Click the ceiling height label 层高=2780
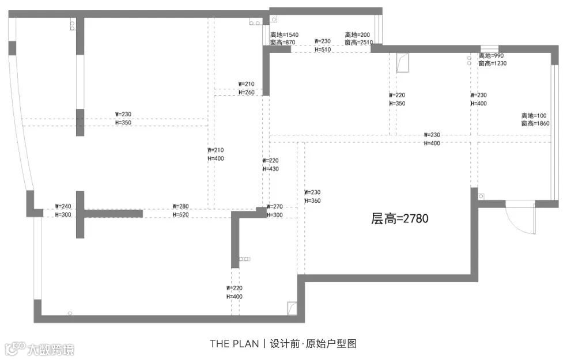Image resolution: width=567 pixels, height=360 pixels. click(400, 218)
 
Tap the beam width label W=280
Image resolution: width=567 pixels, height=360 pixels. click(180, 206)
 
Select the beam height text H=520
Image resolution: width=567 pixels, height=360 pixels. click(180, 214)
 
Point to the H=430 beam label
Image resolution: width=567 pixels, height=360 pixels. click(270, 169)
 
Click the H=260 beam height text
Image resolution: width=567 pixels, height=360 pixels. click(246, 92)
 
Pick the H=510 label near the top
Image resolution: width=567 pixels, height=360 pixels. click(323, 50)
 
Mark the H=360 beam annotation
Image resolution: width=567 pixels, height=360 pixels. click(312, 200)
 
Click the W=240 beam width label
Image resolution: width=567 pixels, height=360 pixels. click(63, 206)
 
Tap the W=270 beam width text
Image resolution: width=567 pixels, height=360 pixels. click(275, 206)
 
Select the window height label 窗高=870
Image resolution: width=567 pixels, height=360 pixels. click(282, 43)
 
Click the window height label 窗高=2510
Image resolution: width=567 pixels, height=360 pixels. click(359, 43)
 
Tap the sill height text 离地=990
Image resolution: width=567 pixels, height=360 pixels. click(491, 56)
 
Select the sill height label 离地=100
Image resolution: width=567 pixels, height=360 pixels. click(533, 115)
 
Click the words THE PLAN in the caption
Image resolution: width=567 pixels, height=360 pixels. click(234, 344)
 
